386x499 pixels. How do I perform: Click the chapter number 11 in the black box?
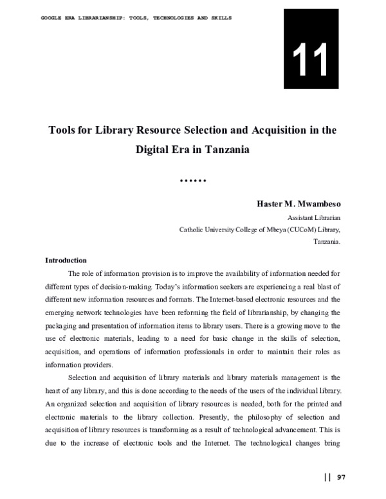pyautogui.click(x=311, y=59)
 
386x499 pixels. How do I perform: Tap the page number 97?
pyautogui.click(x=341, y=477)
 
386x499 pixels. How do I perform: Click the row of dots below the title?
pyautogui.click(x=192, y=181)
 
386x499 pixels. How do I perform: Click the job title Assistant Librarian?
pyautogui.click(x=313, y=217)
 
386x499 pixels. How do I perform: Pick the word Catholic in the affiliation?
pyautogui.click(x=192, y=230)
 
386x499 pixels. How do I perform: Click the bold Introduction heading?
pyautogui.click(x=66, y=260)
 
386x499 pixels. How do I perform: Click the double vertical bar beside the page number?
pyautogui.click(x=327, y=477)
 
